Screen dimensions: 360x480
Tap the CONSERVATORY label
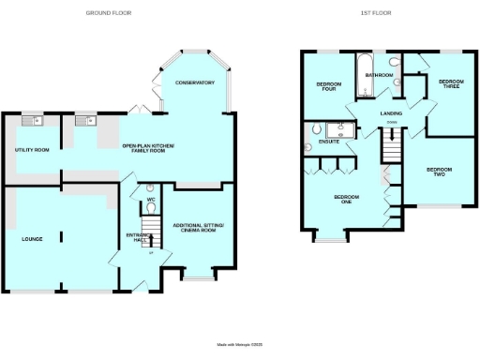point(195,83)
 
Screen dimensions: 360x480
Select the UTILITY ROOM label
point(31,150)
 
